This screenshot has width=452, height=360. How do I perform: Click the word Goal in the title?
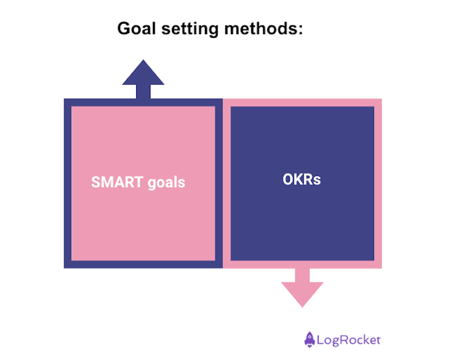coord(133,29)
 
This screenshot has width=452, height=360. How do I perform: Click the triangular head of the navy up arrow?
coord(143,74)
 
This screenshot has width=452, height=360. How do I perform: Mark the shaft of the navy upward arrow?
coord(143,92)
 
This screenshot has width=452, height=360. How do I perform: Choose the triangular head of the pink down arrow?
coord(302,293)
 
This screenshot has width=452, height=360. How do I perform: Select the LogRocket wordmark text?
coord(349,340)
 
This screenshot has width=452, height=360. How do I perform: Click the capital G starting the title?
coord(124,29)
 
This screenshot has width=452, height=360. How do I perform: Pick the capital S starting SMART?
coord(96,182)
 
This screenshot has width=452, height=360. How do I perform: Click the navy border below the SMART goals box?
coord(143,265)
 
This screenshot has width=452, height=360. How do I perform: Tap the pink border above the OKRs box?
coord(302,102)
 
